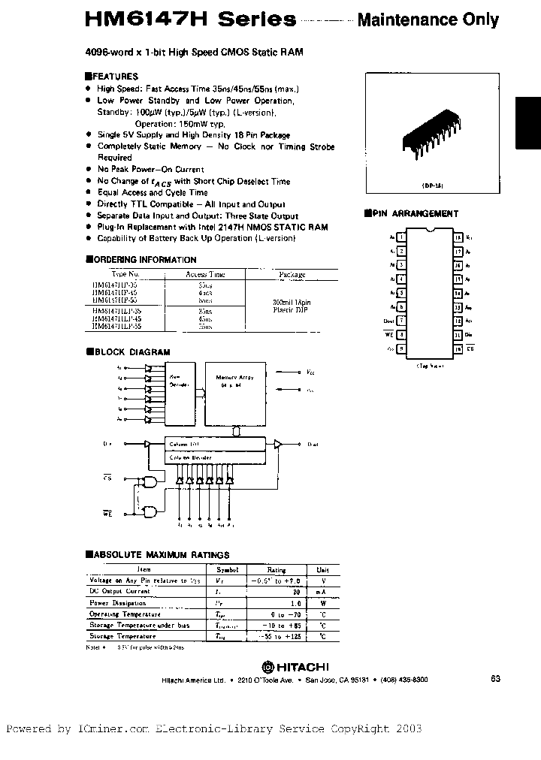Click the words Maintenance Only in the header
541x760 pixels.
[428, 20]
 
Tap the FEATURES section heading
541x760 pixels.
[114, 77]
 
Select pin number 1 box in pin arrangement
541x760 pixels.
[402, 237]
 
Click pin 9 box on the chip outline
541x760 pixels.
[402, 349]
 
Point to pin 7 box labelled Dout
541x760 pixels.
[402, 321]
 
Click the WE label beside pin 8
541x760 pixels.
[389, 336]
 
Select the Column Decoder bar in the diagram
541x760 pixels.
[214, 456]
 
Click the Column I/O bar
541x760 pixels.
[214, 445]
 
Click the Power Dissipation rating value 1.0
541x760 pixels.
[276, 602]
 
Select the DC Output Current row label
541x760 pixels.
[119, 591]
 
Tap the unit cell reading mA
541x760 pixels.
[322, 592]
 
